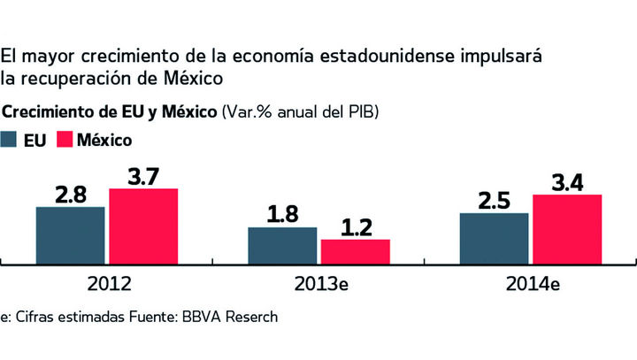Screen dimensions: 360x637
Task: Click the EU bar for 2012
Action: pyautogui.click(x=70, y=234)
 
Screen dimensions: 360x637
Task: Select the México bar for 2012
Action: pyautogui.click(x=143, y=226)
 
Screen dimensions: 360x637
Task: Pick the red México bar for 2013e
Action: pyautogui.click(x=355, y=250)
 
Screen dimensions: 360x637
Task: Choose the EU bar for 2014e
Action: pyautogui.click(x=494, y=237)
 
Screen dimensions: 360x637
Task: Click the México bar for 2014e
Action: pyautogui.click(x=567, y=228)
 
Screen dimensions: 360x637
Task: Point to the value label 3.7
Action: pyautogui.click(x=142, y=176)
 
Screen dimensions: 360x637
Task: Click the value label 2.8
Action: pyautogui.click(x=71, y=195)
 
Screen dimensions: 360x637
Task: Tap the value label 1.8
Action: pyautogui.click(x=282, y=215)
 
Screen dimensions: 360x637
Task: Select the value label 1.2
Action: pyautogui.click(x=356, y=227)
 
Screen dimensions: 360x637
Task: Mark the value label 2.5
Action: pyautogui.click(x=495, y=201)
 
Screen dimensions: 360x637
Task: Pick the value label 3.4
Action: pyautogui.click(x=567, y=182)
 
